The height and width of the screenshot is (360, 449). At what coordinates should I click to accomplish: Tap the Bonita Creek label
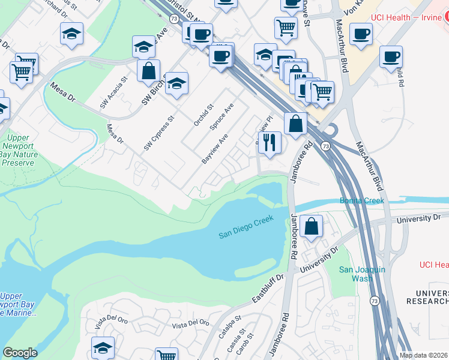[361, 200]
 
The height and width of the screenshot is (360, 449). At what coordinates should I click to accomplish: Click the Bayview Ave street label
[215, 148]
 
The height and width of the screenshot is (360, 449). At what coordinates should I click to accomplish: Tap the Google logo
[20, 353]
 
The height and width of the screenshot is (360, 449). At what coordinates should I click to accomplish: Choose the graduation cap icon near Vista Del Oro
[103, 347]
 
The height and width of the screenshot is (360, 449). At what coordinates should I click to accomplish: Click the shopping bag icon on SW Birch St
[148, 70]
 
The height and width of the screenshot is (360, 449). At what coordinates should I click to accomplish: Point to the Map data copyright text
[423, 355]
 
